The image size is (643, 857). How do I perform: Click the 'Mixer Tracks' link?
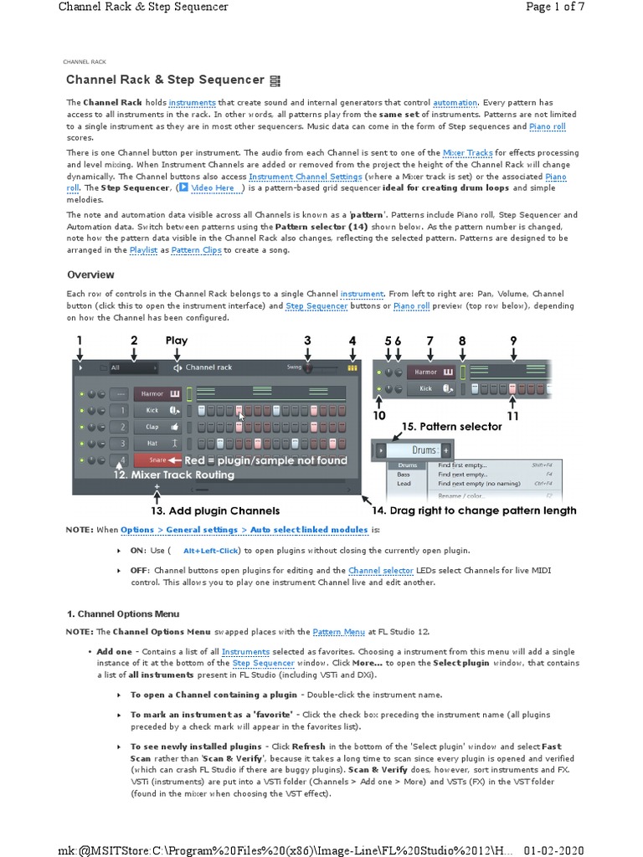[467, 153]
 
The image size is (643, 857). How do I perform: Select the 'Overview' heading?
[90, 275]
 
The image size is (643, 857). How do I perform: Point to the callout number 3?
[307, 341]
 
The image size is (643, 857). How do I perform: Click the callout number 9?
[513, 341]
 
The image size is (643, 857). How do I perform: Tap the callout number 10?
[379, 416]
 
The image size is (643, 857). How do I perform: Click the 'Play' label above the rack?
[177, 341]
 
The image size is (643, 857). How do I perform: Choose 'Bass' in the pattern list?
[403, 474]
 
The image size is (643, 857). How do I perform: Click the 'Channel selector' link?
[381, 571]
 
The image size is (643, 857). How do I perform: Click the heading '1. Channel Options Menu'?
[122, 613]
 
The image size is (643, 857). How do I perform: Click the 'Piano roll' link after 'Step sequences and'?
[548, 126]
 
